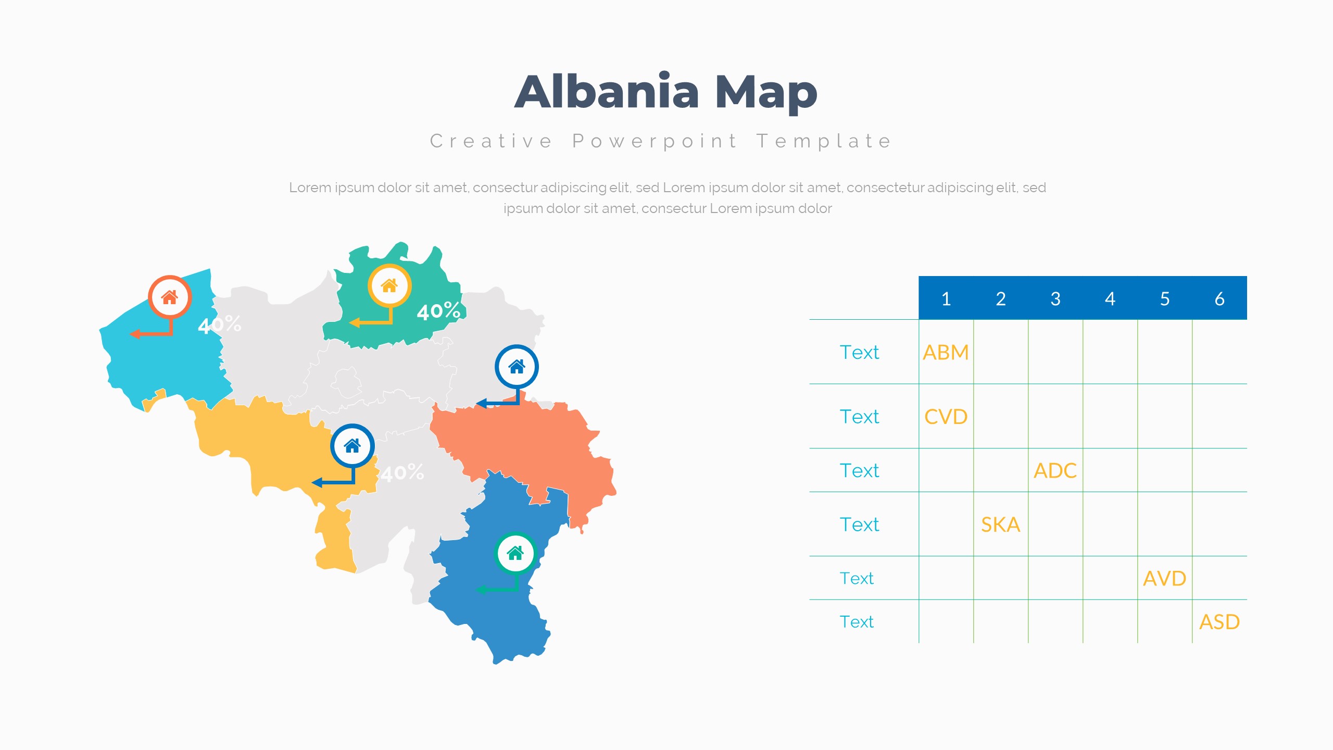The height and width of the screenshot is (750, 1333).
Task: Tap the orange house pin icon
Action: click(170, 297)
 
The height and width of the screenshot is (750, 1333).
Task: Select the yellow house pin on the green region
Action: click(389, 285)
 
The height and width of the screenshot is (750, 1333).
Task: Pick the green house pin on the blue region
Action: click(515, 553)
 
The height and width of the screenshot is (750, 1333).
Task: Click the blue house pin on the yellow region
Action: click(353, 446)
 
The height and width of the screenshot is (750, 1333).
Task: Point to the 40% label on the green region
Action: click(438, 311)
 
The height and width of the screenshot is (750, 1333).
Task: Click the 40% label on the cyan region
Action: click(219, 324)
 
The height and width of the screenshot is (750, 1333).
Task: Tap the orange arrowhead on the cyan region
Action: click(134, 334)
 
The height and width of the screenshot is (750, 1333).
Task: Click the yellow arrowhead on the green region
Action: click(354, 323)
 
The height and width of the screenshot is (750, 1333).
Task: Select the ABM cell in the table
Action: click(946, 353)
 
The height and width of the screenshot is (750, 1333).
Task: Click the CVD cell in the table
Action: click(946, 417)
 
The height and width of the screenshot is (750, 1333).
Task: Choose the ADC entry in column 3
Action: click(1055, 470)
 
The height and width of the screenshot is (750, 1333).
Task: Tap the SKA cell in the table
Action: click(1000, 524)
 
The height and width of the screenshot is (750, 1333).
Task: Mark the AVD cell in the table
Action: click(1165, 578)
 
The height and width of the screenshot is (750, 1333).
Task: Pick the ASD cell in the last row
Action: click(1219, 622)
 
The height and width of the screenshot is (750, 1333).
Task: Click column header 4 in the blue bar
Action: click(1110, 299)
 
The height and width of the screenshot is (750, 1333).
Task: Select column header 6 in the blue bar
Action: click(1219, 299)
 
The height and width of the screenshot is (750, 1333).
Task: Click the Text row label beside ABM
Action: click(859, 353)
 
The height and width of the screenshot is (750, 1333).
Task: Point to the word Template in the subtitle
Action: click(824, 142)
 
